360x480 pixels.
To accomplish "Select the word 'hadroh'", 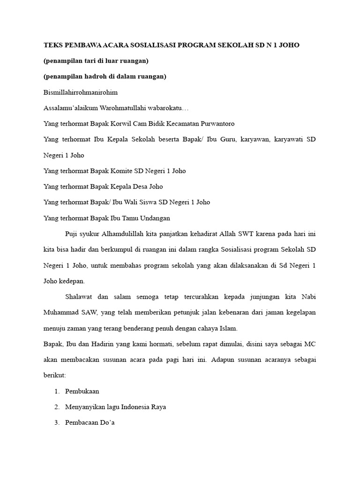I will coord(94,76).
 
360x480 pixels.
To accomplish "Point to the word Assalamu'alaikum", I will coord(71,108).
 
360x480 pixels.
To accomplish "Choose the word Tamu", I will coord(134,218).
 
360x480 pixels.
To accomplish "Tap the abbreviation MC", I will coord(309,344).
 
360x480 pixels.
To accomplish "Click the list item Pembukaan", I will coord(82,391).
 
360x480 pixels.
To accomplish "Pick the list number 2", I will coord(57,407).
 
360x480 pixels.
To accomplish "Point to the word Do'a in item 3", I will coord(106,423).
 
